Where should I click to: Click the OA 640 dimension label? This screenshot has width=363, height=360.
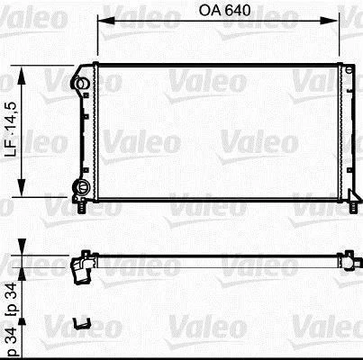pyautogui.click(x=224, y=11)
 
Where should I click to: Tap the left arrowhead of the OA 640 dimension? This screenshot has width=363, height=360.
pyautogui.click(x=106, y=21)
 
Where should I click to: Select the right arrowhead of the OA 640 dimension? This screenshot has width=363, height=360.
pyautogui.click(x=330, y=21)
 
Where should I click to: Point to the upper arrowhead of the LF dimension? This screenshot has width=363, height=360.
pyautogui.click(x=21, y=75)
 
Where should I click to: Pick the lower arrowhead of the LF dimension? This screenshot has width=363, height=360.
pyautogui.click(x=21, y=187)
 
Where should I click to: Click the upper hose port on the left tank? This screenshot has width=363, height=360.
pyautogui.click(x=79, y=83)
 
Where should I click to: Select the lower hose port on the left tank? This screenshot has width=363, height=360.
pyautogui.click(x=81, y=187)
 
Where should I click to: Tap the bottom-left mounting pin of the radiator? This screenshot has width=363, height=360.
pyautogui.click(x=81, y=207)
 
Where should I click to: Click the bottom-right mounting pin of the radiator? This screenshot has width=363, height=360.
pyautogui.click(x=354, y=207)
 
